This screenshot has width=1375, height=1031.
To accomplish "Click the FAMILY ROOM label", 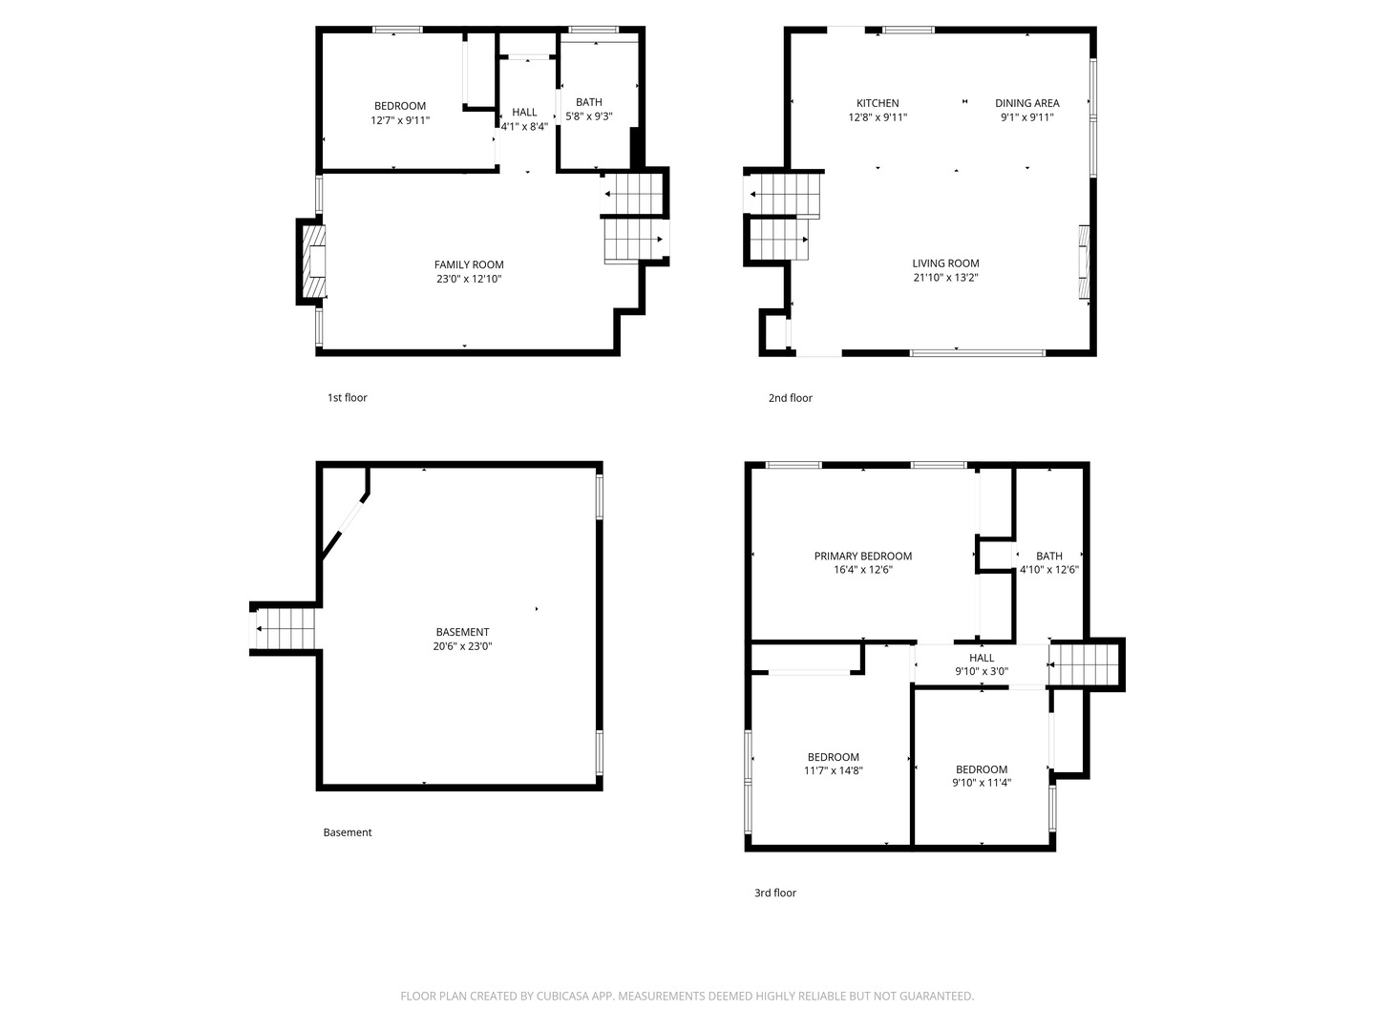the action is click(x=469, y=264).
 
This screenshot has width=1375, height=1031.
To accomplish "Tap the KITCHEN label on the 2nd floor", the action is click(x=877, y=103).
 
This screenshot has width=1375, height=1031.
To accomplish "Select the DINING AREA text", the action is click(x=1026, y=103).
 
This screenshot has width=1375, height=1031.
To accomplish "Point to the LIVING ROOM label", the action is click(x=945, y=263).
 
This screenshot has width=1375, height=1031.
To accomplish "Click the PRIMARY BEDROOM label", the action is click(x=862, y=556).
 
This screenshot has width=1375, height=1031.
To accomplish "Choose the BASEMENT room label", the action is click(x=462, y=632).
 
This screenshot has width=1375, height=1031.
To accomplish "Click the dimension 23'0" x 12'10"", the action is click(x=469, y=279).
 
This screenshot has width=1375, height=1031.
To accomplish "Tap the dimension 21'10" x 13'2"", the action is click(x=945, y=277).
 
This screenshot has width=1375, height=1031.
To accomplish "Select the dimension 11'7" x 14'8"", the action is click(x=834, y=770).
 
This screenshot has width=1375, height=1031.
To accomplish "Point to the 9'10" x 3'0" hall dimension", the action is click(x=981, y=672).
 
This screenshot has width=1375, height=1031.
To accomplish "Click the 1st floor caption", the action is click(x=347, y=397).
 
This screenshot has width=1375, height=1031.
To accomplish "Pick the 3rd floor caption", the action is click(x=775, y=893).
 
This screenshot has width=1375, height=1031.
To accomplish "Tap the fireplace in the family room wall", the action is click(x=313, y=261).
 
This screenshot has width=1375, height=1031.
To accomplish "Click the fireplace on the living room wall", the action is click(x=1084, y=263).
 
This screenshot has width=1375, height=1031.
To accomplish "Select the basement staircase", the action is click(x=285, y=628).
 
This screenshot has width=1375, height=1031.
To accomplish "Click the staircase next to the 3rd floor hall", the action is click(x=1084, y=664).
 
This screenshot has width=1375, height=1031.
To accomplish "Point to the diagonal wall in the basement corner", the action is click(x=345, y=525).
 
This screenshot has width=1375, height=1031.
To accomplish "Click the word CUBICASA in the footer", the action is click(x=562, y=996).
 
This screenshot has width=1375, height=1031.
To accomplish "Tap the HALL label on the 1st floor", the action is click(x=524, y=112).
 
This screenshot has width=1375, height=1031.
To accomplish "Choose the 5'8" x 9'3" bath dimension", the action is click(x=589, y=116).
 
